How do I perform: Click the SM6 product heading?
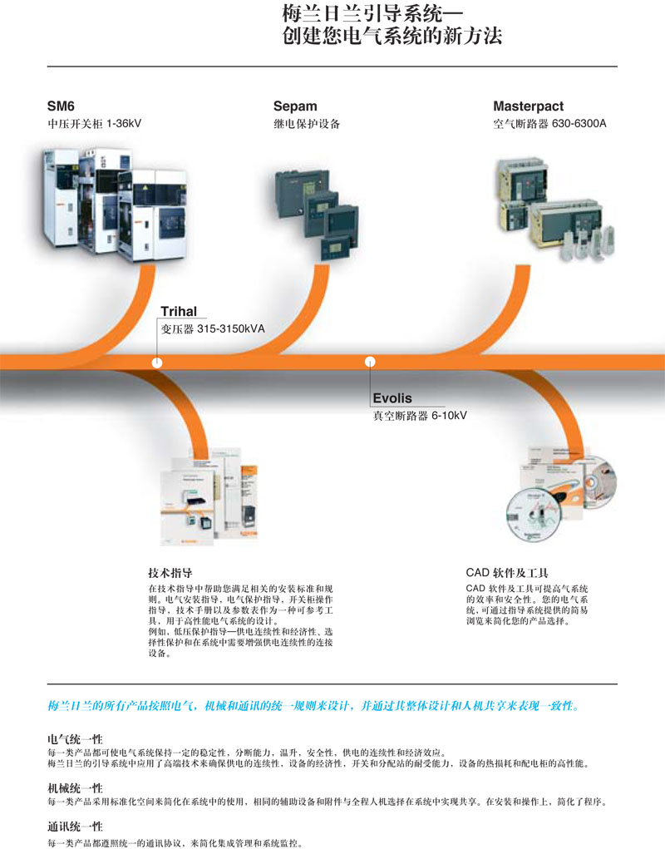point(61,106)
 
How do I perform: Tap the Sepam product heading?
point(295,106)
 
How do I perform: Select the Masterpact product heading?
point(528,106)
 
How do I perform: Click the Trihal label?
point(179,311)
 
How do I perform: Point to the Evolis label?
point(392,398)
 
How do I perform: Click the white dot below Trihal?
point(157,363)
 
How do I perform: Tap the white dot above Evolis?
point(370,361)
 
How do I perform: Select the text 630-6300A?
point(579,123)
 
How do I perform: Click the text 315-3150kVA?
point(231,328)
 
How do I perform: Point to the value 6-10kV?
point(449,416)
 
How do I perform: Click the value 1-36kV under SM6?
point(124,123)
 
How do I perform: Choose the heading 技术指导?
point(170,573)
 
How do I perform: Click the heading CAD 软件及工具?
point(507,573)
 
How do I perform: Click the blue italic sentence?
point(314,705)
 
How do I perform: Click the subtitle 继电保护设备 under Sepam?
point(307,124)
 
